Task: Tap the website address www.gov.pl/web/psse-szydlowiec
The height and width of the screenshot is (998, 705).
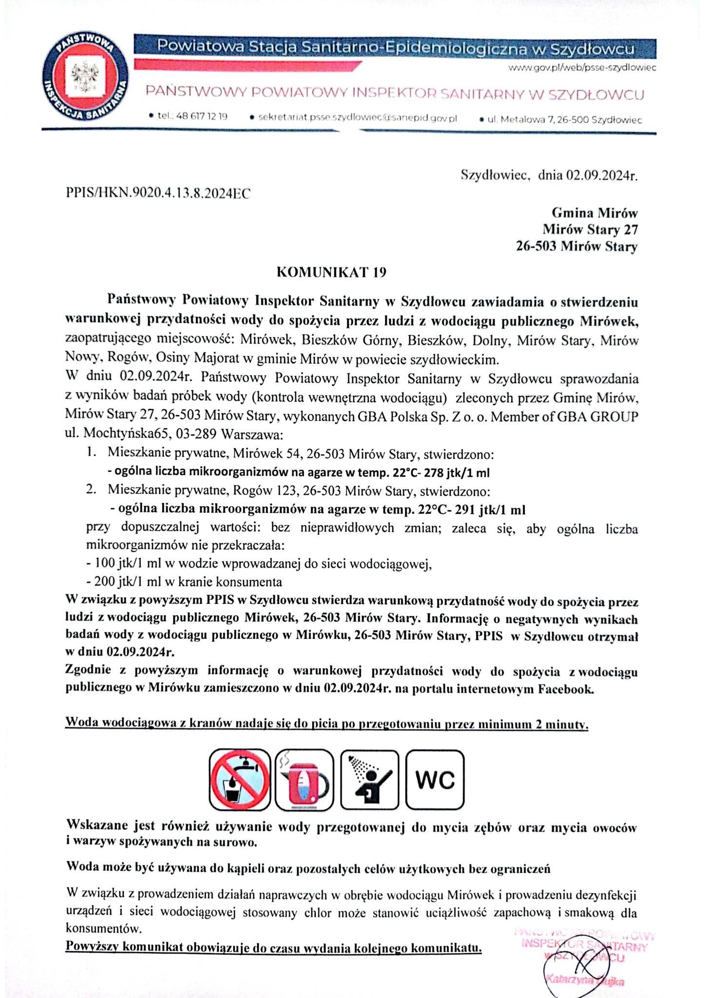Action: pos(582,68)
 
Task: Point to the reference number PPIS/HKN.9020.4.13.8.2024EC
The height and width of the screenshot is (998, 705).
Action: pos(158,194)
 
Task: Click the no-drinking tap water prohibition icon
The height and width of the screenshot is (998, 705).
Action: pos(240,780)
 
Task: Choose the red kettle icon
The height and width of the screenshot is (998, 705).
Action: pos(304,780)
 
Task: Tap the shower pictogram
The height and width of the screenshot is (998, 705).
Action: pos(370,780)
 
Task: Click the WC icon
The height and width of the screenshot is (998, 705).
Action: pos(435,780)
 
